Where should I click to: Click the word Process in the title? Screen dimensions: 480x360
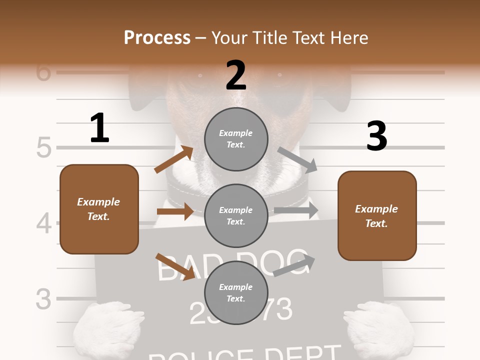click(x=157, y=38)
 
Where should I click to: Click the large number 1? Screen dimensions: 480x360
click(x=99, y=128)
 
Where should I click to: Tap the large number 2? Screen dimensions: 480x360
click(x=236, y=75)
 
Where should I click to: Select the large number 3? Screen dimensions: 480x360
click(x=376, y=136)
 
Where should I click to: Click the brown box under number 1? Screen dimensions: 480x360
click(x=99, y=209)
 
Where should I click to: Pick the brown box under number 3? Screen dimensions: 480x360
click(x=377, y=215)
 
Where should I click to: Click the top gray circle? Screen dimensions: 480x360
click(x=236, y=139)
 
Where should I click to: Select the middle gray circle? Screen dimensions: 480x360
click(x=236, y=215)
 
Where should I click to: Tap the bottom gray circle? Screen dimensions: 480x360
click(x=236, y=292)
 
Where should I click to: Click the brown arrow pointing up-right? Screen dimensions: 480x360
click(x=174, y=159)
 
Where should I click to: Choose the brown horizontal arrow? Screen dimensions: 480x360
click(x=175, y=211)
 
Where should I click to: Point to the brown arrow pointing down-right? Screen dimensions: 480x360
click(x=175, y=266)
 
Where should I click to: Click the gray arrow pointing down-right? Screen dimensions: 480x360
click(x=297, y=160)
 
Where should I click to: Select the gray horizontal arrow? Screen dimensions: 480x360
click(x=296, y=210)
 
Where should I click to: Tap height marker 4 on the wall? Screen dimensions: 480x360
click(x=43, y=223)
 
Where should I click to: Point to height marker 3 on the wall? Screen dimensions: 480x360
click(x=43, y=299)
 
